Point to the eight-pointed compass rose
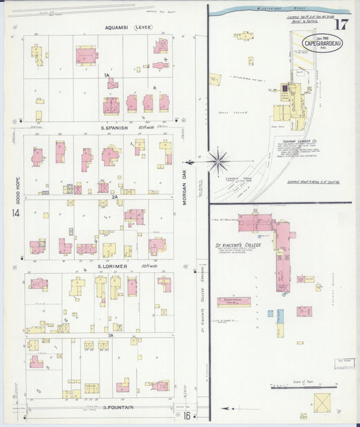click(x=217, y=161)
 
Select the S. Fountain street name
click(x=118, y=407)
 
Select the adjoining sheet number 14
click(x=14, y=214)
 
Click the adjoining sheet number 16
click(x=187, y=416)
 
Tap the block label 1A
click(x=107, y=76)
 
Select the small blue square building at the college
click(x=270, y=314)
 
